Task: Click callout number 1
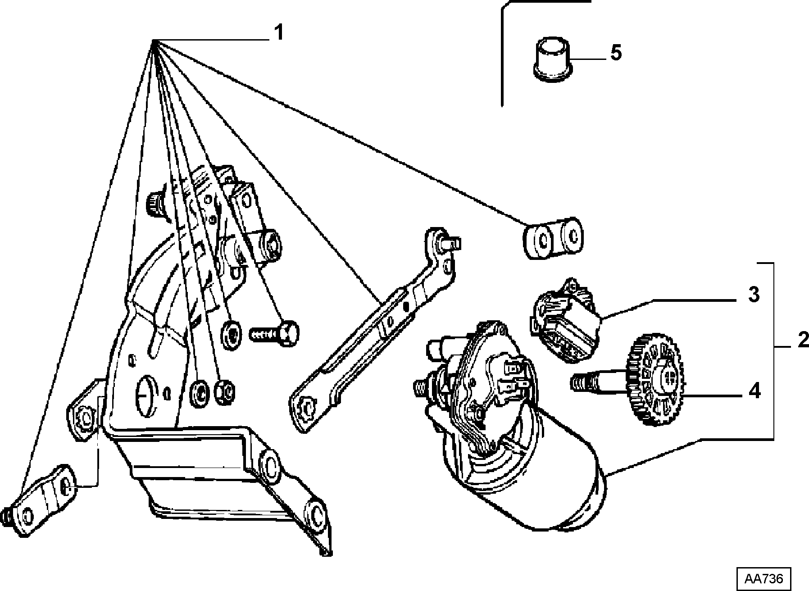point(279,32)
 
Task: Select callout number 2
point(803,341)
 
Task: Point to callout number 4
point(754,391)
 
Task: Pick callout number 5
point(616,53)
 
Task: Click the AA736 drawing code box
point(763,578)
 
